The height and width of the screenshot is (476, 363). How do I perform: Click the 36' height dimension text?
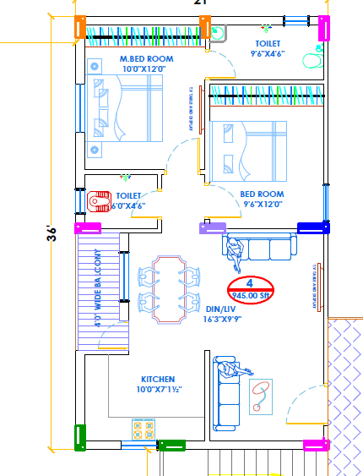point(51,231)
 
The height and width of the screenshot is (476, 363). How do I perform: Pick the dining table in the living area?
point(170,289)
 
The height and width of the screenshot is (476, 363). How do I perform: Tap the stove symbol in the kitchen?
point(143,429)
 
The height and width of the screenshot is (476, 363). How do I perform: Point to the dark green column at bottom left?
point(80,437)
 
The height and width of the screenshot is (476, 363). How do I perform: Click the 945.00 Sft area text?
point(251,296)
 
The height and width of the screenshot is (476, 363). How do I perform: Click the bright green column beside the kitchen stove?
point(171,445)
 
